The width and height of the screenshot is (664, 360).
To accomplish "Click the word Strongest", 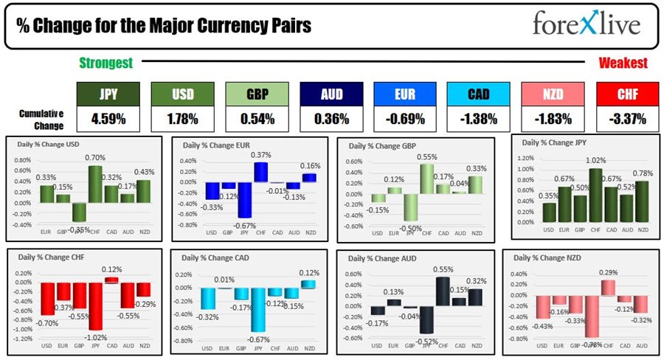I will click(106, 63).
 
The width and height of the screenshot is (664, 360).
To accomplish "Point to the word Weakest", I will click(623, 63).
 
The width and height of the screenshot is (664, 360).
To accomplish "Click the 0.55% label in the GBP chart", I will click(427, 157).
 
